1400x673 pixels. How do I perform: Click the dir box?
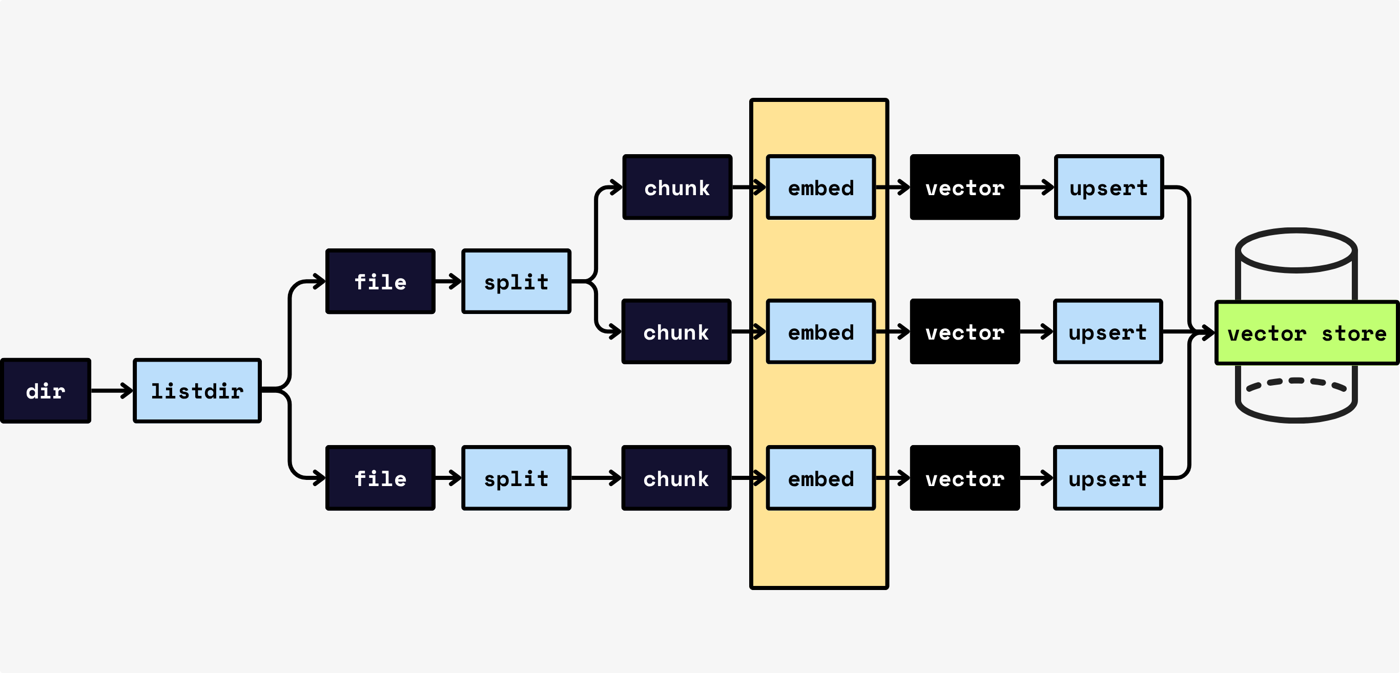pyautogui.click(x=46, y=391)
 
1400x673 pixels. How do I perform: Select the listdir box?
pyautogui.click(x=197, y=391)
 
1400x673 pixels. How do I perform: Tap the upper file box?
pyautogui.click(x=380, y=281)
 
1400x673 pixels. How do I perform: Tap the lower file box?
pyautogui.click(x=380, y=478)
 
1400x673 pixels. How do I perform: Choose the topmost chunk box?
pyautogui.click(x=677, y=187)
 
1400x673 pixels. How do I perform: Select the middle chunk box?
pyautogui.click(x=676, y=331)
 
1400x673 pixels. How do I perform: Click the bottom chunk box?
pyautogui.click(x=676, y=478)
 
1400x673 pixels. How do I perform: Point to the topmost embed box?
pyautogui.click(x=820, y=187)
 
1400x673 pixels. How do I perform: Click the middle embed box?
pyautogui.click(x=820, y=331)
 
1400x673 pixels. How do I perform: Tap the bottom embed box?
pyautogui.click(x=820, y=478)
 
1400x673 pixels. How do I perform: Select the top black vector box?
pyautogui.click(x=964, y=187)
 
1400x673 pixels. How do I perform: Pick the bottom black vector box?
pyautogui.click(x=964, y=478)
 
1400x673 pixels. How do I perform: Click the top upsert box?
pyautogui.click(x=1109, y=187)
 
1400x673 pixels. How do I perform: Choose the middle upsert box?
pyautogui.click(x=1107, y=331)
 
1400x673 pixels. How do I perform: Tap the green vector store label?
pyautogui.click(x=1307, y=333)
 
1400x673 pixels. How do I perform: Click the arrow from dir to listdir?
pyautogui.click(x=111, y=391)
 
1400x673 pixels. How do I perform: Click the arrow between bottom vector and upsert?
pyautogui.click(x=1036, y=478)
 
